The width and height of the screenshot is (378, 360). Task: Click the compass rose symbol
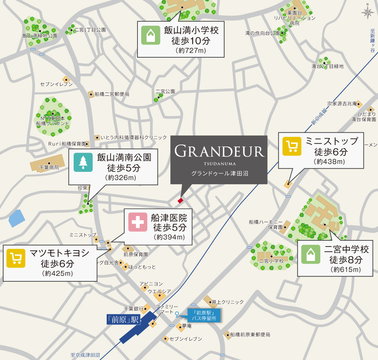click(x=367, y=13)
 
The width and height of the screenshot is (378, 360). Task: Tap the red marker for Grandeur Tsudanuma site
click(x=180, y=200)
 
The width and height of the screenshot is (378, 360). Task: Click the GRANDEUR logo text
click(x=219, y=151)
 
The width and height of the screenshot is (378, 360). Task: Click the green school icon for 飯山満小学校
click(x=151, y=35)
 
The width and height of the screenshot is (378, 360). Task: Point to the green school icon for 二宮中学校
click(x=311, y=255)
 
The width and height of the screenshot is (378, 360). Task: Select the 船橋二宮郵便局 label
click(x=112, y=94)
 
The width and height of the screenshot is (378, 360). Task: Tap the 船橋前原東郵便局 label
click(x=250, y=335)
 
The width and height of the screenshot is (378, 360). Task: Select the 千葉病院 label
click(x=49, y=168)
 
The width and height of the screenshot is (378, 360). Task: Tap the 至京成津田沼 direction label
click(x=85, y=355)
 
